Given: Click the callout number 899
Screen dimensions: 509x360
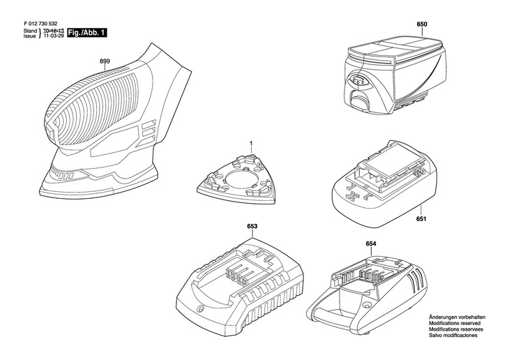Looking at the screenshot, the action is pyautogui.click(x=105, y=61).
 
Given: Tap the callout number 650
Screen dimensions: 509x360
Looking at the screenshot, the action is pyautogui.click(x=422, y=24).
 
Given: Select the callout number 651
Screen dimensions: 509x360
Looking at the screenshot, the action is pyautogui.click(x=421, y=219).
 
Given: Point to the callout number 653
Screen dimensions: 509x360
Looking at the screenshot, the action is pyautogui.click(x=252, y=226).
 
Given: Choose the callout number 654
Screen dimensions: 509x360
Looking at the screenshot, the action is pyautogui.click(x=371, y=243).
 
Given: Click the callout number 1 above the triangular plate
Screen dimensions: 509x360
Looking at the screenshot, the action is pyautogui.click(x=251, y=143).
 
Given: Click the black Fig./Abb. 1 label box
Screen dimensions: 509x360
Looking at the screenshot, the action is pyautogui.click(x=86, y=33).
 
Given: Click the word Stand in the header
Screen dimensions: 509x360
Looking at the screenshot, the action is pyautogui.click(x=30, y=31).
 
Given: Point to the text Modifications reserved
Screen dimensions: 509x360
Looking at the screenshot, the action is pyautogui.click(x=455, y=323).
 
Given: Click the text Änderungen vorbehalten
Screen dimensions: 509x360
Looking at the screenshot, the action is pyautogui.click(x=457, y=317).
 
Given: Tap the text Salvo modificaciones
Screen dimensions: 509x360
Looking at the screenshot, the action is pyautogui.click(x=453, y=336).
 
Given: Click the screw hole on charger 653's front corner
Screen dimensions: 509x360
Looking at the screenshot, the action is pyautogui.click(x=200, y=308).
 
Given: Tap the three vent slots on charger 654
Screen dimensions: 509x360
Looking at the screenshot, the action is pyautogui.click(x=412, y=278).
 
